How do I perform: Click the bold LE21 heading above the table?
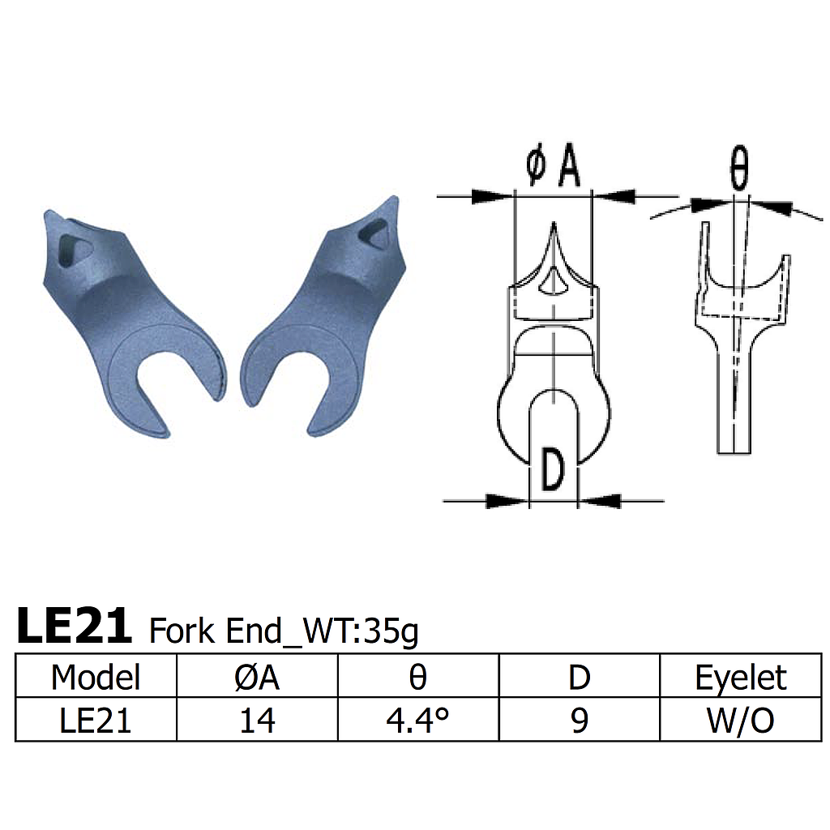point(74,626)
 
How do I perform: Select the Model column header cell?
point(96,677)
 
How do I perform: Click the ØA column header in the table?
point(256,677)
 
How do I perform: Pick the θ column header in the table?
point(417,677)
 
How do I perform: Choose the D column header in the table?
point(579,677)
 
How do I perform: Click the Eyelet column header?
point(741,677)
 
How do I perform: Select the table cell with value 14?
point(256,720)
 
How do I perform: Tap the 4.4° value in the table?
point(417,720)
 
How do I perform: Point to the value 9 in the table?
point(579,720)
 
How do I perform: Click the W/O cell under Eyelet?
point(741,720)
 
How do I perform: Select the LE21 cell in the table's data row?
point(96,720)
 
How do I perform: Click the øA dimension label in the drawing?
point(553,168)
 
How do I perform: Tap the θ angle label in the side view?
point(738,170)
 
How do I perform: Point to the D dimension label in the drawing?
point(552,472)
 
